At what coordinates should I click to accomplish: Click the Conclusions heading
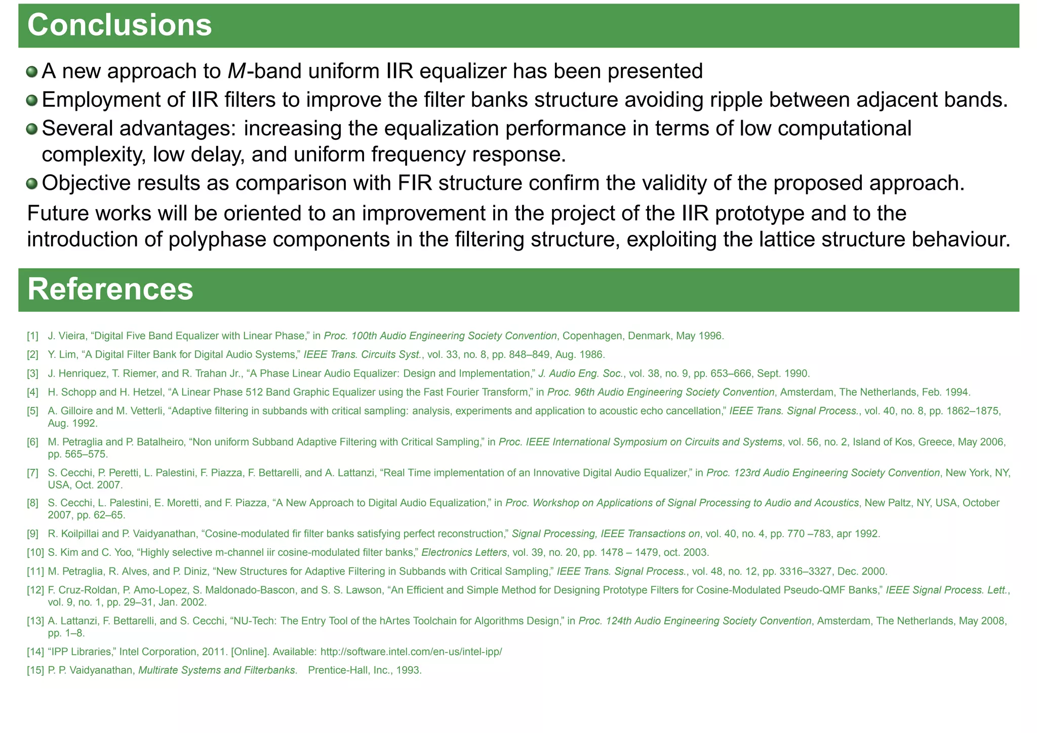[x=119, y=25]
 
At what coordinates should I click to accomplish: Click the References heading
[x=110, y=290]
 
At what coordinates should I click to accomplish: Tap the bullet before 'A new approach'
[x=32, y=72]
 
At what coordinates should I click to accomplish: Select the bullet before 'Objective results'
[x=32, y=183]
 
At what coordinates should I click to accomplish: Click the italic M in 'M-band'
[x=236, y=71]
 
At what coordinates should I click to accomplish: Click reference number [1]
[x=32, y=336]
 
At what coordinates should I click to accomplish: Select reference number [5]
[x=32, y=411]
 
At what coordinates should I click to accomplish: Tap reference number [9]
[x=32, y=534]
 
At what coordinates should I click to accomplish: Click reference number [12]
[x=35, y=590]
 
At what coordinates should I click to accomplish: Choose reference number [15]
[x=35, y=671]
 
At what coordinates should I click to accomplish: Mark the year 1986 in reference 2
[x=594, y=354]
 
